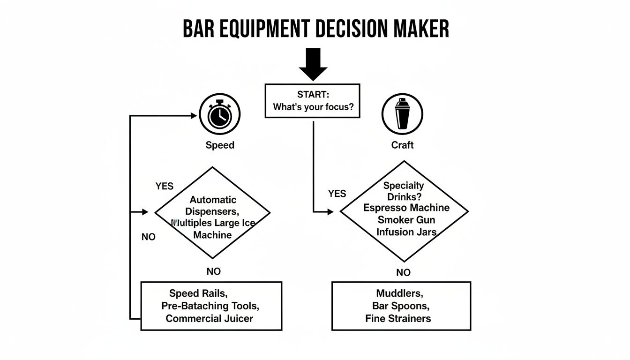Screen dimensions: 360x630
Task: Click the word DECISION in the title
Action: point(349,29)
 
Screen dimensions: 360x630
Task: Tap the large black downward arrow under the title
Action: point(313,64)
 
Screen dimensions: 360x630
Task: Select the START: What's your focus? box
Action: point(313,101)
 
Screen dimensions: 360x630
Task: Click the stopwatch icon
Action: point(219,114)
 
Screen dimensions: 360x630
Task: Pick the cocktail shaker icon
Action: point(402,114)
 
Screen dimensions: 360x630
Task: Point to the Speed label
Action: point(220,145)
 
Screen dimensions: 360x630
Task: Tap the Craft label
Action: point(402,145)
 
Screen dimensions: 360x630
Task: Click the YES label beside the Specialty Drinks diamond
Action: point(337,194)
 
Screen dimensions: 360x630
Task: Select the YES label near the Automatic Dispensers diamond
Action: point(164,186)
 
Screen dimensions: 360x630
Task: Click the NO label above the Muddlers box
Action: point(403,273)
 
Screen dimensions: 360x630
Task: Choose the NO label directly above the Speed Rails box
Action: point(213,271)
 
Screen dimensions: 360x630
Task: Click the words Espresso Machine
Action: point(406,208)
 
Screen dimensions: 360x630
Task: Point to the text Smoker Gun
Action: point(406,220)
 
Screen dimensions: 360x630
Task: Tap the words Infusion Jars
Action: point(406,232)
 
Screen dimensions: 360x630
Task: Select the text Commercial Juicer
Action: point(209,319)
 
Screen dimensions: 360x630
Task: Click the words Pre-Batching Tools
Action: point(210,306)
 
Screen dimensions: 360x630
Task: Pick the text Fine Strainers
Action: point(398,319)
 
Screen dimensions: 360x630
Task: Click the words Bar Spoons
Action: point(401,306)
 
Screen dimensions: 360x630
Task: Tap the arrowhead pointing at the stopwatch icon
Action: point(193,115)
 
